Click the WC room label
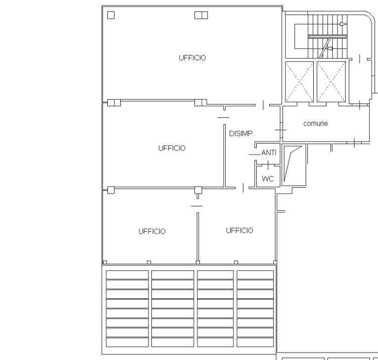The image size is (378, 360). pos(268,179)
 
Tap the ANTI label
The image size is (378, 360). pos(269,153)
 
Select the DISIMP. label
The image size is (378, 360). pos(241,134)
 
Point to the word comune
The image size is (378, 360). pos(316,123)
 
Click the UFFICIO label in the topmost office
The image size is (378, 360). pos(192,58)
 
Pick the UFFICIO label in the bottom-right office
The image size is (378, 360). pos(239,231)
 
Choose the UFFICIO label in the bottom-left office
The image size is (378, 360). pos(152,231)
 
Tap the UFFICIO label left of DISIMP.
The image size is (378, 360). pos(172,148)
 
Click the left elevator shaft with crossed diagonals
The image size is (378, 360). pos(299,82)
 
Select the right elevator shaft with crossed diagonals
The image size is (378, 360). pos(331,82)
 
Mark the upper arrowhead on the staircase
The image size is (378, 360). pos(343,24)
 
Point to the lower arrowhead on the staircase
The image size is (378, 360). pos(329,49)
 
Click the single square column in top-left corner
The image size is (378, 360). pos(111,15)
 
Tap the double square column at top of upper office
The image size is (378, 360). pos(201,15)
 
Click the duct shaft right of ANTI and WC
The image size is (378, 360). pos(294,165)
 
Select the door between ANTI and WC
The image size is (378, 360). pos(268,165)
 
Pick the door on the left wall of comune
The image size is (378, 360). pos(281,130)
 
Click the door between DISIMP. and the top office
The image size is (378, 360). pos(263,105)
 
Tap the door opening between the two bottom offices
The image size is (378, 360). pos(197,206)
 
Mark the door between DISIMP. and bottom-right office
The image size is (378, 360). pos(243,188)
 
